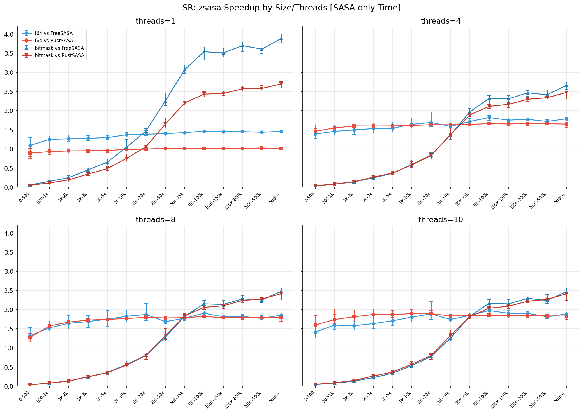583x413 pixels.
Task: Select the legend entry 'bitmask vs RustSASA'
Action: click(x=59, y=55)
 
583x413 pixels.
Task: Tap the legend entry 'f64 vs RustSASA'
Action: click(x=53, y=41)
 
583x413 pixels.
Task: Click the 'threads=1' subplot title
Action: click(x=155, y=21)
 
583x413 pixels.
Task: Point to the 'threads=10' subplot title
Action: click(x=441, y=220)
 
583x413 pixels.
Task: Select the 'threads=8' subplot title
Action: click(x=155, y=220)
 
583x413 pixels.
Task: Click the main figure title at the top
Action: click(x=291, y=8)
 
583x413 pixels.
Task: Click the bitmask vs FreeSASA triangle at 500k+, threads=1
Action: click(x=281, y=39)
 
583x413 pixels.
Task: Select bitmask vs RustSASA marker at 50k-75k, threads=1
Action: click(x=184, y=103)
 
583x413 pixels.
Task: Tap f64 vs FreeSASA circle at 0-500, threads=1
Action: click(x=30, y=146)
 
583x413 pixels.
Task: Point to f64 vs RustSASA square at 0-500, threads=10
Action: click(x=315, y=325)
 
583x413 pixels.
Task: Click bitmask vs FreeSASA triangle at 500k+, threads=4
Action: click(x=566, y=86)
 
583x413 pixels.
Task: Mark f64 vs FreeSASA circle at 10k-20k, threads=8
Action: click(x=146, y=315)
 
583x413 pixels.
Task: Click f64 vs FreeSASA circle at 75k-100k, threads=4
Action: click(x=489, y=118)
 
